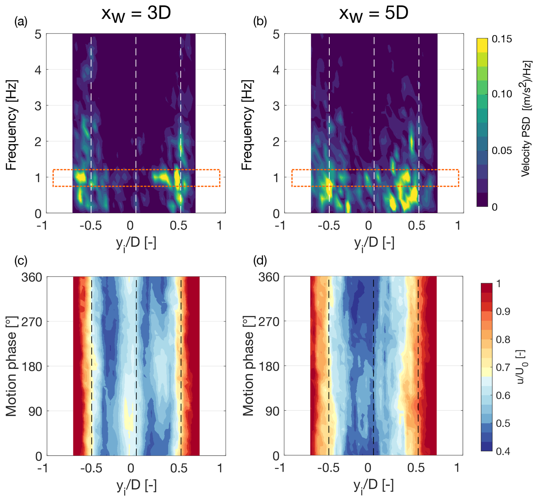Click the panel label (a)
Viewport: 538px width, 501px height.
21,22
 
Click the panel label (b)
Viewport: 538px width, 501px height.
260,22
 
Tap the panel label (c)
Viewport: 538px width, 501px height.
21,261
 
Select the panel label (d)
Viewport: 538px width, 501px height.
260,261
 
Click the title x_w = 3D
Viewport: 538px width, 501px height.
136,13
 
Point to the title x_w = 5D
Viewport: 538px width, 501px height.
374,13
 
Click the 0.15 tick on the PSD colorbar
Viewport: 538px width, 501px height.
502,39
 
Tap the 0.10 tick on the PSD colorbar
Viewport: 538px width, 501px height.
502,94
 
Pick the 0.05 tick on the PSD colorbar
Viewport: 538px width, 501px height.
502,150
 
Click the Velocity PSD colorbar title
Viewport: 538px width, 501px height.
526,118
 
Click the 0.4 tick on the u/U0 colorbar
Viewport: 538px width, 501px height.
503,451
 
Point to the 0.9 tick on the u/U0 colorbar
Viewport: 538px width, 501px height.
503,311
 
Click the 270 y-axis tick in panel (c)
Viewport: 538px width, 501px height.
32,322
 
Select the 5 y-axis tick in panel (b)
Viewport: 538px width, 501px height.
276,35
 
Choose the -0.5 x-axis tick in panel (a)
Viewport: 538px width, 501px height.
91,226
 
